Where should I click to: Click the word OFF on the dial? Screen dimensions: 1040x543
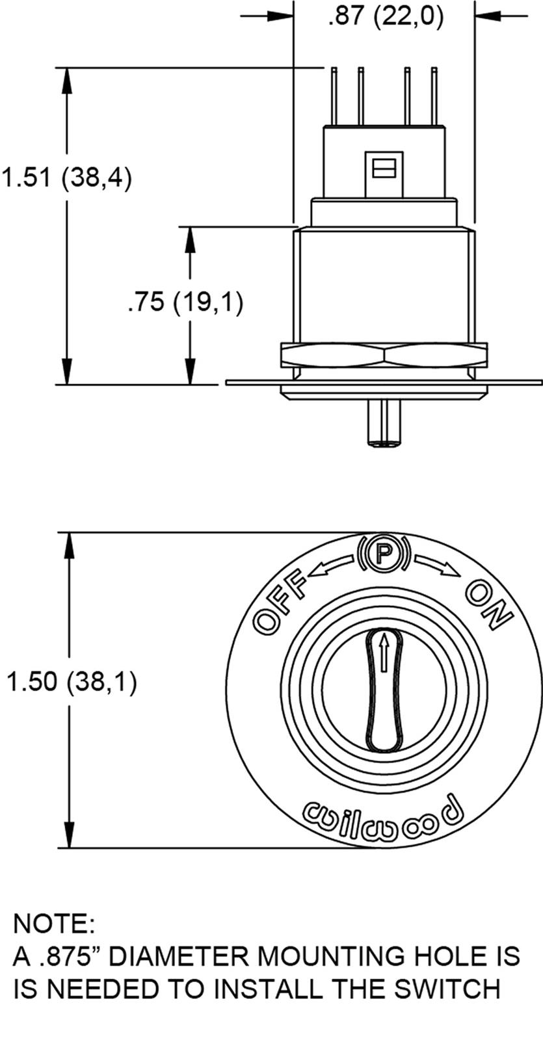(x=279, y=602)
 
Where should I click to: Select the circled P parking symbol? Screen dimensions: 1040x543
(x=384, y=553)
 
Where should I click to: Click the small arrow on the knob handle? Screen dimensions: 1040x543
(x=384, y=653)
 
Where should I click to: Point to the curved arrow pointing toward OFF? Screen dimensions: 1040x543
(x=333, y=566)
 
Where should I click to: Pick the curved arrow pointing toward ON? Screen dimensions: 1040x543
(x=436, y=565)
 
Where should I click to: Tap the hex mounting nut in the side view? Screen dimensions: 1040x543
(x=384, y=355)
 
